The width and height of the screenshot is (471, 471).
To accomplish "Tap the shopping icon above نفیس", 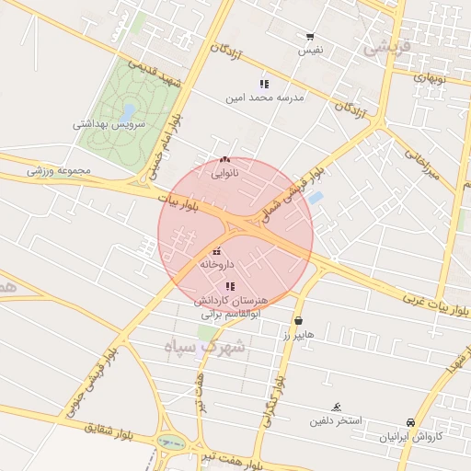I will pyautogui.click(x=310, y=38).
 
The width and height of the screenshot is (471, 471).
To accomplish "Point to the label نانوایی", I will pyautogui.click(x=225, y=172).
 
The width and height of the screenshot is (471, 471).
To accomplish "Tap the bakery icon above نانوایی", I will pyautogui.click(x=225, y=159).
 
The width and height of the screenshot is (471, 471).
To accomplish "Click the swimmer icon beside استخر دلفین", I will pyautogui.click(x=337, y=407).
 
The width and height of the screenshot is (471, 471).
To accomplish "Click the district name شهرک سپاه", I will pyautogui.click(x=203, y=347).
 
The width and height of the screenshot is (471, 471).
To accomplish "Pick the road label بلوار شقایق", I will pyautogui.click(x=115, y=428).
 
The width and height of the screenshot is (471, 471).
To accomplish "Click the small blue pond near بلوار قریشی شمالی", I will pyautogui.click(x=316, y=198).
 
